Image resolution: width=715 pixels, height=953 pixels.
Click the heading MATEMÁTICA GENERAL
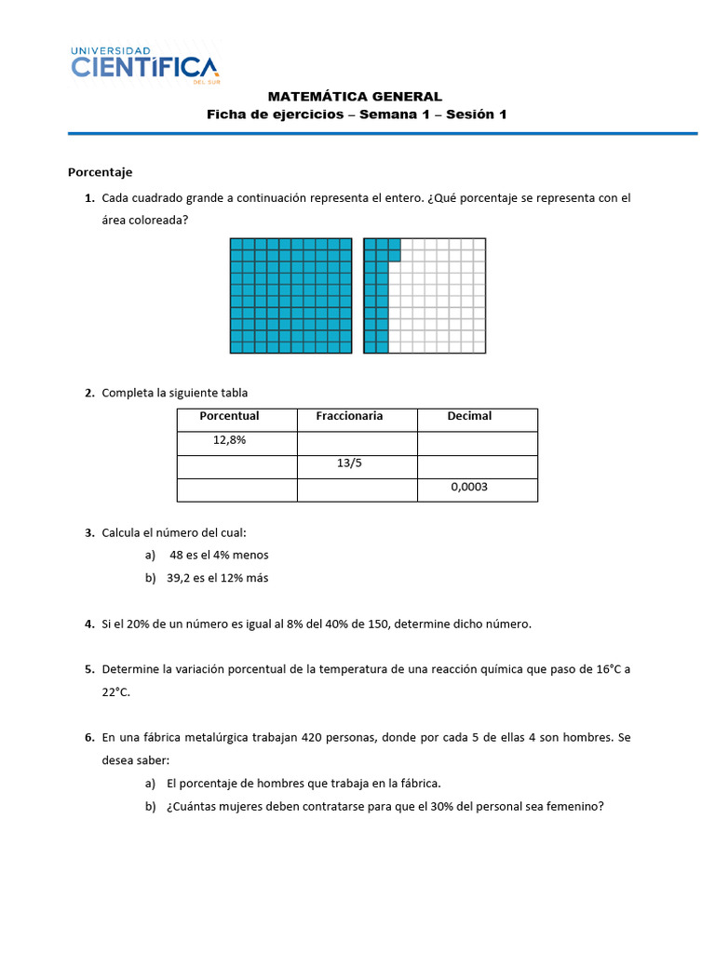tap(355, 96)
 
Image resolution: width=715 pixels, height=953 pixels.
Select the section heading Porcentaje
tap(100, 172)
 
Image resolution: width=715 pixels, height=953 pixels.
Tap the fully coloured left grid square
tap(291, 296)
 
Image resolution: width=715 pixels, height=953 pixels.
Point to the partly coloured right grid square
tap(425, 296)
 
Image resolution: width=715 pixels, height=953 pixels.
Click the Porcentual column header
tap(229, 416)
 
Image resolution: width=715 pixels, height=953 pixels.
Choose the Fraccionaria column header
tap(349, 416)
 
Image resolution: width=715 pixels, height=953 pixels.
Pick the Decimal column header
tap(469, 416)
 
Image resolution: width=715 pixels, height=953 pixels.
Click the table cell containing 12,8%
tap(229, 440)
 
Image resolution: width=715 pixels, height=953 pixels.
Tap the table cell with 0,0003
tap(469, 487)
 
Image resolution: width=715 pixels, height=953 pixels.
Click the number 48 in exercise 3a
tap(176, 555)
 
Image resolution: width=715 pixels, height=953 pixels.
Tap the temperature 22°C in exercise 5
tap(116, 692)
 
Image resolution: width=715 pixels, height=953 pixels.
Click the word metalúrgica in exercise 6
tap(217, 738)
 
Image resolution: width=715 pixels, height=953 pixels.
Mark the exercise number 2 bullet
tap(89, 393)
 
